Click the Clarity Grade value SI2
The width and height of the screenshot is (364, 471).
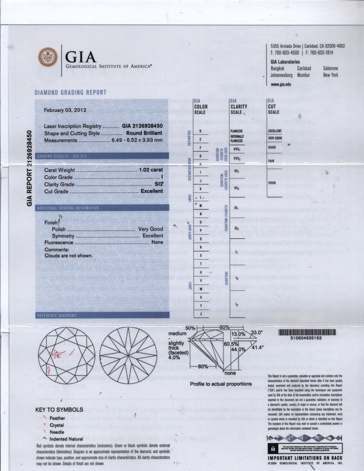tap(158, 184)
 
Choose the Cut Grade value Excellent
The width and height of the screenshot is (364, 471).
tap(152, 191)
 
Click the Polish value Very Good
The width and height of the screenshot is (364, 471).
tap(151, 229)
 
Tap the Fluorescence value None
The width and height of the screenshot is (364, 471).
tap(157, 243)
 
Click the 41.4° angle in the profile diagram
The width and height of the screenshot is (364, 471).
tap(257, 348)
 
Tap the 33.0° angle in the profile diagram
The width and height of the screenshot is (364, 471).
tap(256, 333)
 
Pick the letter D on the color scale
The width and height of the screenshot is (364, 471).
tap(200, 132)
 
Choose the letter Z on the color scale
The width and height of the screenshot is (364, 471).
tap(200, 313)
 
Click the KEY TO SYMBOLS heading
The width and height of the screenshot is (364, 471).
tap(59, 410)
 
